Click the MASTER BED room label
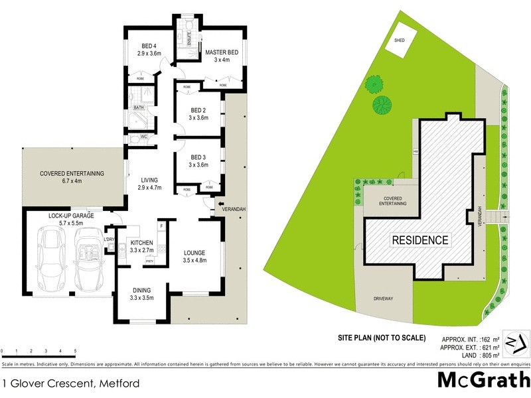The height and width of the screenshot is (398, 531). [221, 52]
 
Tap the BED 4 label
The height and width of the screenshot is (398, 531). [149, 45]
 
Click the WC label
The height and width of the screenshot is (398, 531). [144, 137]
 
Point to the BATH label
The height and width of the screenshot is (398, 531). [139, 107]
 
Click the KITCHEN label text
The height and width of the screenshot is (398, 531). [143, 243]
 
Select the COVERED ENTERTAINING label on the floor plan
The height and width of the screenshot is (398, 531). [72, 174]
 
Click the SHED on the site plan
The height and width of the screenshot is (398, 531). [400, 39]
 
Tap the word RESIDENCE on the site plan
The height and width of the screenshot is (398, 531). [419, 240]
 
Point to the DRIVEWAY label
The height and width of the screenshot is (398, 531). [383, 298]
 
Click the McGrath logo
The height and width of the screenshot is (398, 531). [483, 379]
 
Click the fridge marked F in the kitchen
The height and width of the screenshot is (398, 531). [161, 227]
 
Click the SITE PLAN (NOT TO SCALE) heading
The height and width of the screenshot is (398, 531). [377, 338]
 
